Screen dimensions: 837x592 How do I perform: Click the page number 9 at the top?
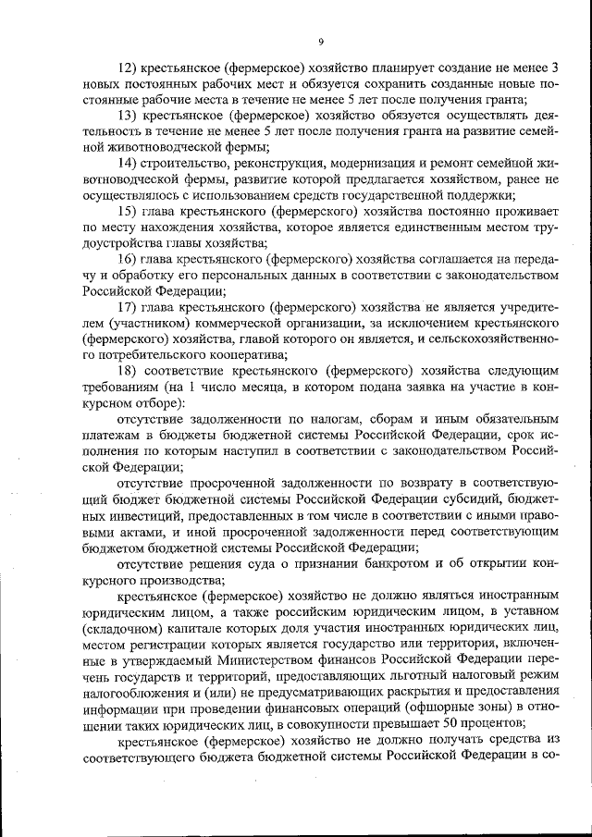coord(319,42)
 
